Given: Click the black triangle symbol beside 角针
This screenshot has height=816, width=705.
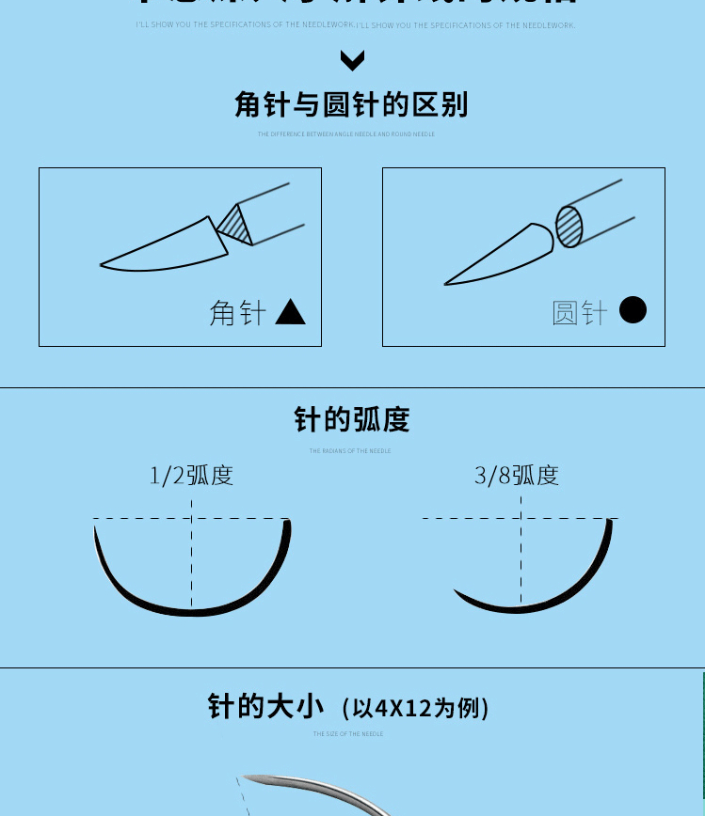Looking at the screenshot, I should (x=291, y=313).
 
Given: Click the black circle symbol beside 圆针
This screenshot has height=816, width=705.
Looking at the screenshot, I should (x=633, y=310).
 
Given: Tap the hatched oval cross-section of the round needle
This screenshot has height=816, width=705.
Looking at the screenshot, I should (x=569, y=227).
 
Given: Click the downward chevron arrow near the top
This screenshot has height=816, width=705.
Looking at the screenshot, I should (x=352, y=61).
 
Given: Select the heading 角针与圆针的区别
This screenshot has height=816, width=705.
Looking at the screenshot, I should (x=351, y=104).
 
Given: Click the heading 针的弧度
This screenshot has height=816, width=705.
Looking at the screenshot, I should (x=352, y=419).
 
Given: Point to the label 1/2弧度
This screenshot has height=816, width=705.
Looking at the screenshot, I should (x=191, y=476).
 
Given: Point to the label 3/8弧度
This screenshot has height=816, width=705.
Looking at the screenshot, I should (x=517, y=476).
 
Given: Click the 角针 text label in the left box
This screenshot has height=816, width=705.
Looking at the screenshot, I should (x=237, y=313).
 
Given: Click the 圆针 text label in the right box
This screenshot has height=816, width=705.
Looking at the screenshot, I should (x=580, y=313).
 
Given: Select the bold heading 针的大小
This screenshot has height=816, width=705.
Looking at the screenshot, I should (x=265, y=706).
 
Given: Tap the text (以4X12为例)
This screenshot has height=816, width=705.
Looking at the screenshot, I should (x=415, y=708).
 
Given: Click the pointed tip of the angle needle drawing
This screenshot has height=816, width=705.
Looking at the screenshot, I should (x=103, y=265).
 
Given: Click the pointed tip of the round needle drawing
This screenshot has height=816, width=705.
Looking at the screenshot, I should (x=446, y=283).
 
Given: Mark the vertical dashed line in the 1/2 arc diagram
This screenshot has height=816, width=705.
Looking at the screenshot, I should (x=192, y=555).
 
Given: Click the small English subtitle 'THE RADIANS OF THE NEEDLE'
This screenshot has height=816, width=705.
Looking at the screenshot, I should (x=350, y=451).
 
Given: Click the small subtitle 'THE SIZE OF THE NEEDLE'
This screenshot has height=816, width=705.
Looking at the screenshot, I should (x=348, y=734).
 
